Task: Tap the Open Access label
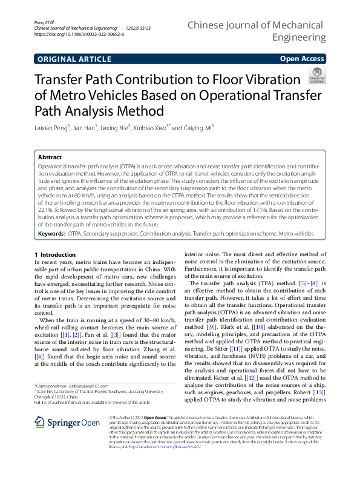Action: pos(301,59)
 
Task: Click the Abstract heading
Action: pos(51,156)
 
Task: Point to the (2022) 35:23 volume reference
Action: pos(139,28)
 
